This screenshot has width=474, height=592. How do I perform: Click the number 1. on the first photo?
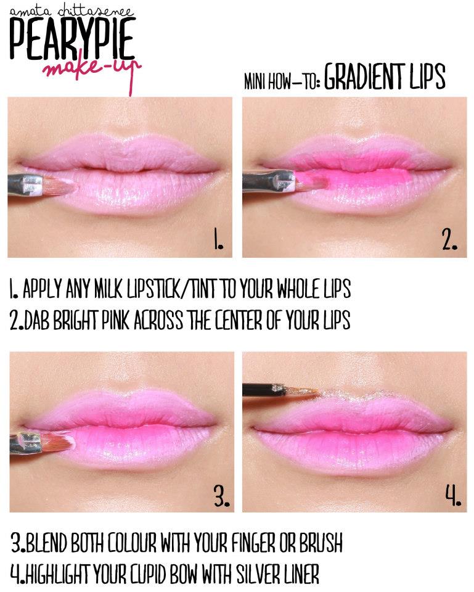[x=218, y=239]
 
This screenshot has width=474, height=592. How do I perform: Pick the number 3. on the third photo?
[x=221, y=495]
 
